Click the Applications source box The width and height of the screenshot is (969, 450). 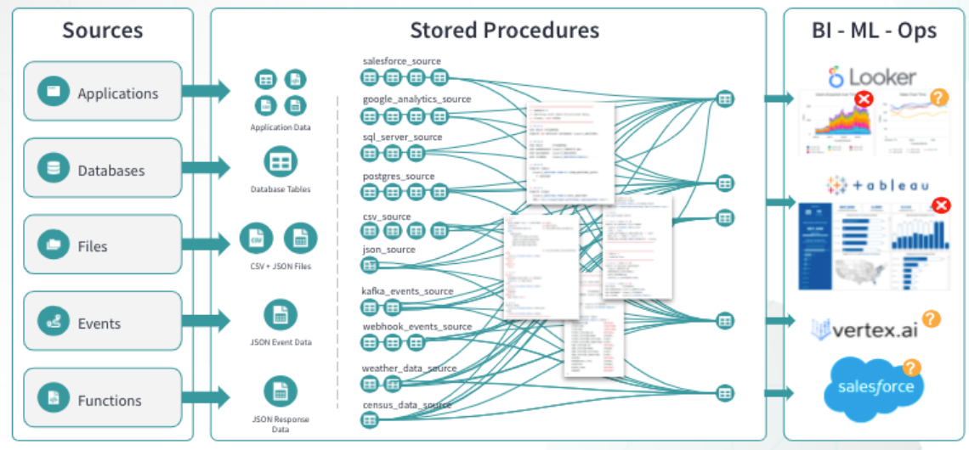103,92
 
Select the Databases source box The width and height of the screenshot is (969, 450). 103,169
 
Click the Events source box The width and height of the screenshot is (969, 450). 103,322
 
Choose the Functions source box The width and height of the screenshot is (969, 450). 103,399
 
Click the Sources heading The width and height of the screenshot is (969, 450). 102,31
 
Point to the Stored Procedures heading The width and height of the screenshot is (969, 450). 504,31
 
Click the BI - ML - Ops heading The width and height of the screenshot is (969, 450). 874,31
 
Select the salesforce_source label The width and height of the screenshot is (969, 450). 401,61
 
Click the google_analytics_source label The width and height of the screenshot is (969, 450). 416,99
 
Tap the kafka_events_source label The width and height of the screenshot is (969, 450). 407,291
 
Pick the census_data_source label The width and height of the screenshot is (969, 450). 406,406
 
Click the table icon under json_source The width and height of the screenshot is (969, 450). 370,266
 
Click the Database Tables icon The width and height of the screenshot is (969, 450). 280,161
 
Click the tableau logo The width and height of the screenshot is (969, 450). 875,185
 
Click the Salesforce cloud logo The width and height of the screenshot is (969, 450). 873,387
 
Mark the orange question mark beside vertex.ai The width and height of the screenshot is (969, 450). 931,319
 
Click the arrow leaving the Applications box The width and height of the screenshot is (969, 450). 207,91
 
